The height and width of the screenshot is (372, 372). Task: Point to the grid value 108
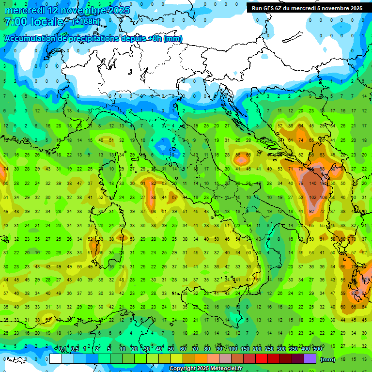tap(324, 197)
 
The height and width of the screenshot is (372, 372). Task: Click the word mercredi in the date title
tap(25, 10)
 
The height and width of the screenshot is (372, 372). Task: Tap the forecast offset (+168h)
tap(86, 21)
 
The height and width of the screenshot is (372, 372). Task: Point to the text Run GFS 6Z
tap(268, 8)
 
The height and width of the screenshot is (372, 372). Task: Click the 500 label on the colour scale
tap(318, 349)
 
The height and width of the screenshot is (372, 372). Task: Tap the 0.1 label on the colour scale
tap(62, 349)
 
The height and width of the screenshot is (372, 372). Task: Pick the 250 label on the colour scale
tap(269, 349)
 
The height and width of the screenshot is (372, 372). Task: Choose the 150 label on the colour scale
tap(245, 349)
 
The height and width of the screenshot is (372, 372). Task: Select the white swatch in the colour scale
tap(56, 359)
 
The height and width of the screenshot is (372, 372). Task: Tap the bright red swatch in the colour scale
tap(261, 359)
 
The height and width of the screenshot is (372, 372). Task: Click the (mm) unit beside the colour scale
tap(328, 359)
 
